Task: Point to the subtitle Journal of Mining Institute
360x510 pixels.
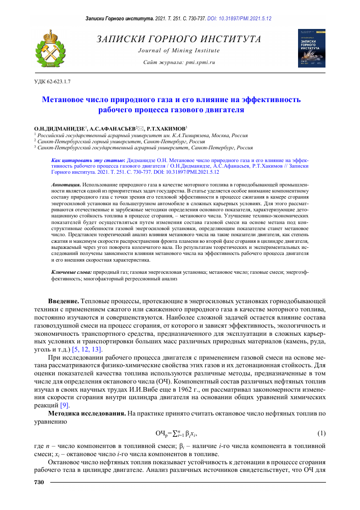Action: click(179, 50)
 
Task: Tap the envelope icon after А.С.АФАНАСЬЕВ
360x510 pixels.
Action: click(147, 129)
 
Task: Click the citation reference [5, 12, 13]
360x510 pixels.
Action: click(87, 350)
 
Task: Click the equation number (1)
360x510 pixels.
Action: click(320, 433)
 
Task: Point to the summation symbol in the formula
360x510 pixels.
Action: click(179, 433)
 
